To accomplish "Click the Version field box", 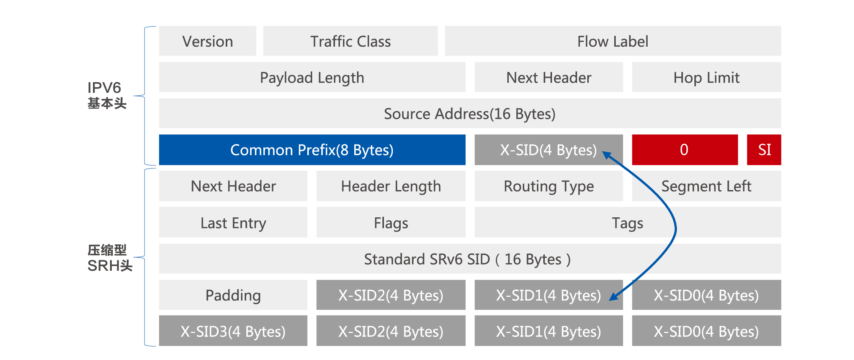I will pos(208,41).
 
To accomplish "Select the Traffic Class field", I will pos(350,41).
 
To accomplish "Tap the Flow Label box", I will pos(612,41).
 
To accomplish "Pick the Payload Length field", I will pos(312,77).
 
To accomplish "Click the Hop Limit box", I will pos(706,77).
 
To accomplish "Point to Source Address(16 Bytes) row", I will pos(470,113).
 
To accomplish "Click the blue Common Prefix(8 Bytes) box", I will pos(312,150).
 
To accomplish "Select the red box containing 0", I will pos(684,150).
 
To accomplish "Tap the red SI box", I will pos(764,150).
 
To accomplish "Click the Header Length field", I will pos(391,186).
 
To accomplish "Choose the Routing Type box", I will pos(548,186).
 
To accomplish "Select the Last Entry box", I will pos(233,223).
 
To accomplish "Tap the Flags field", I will pos(391,223).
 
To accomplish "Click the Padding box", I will pos(233,295).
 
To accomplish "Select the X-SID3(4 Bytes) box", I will pos(233,331).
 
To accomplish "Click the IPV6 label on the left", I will pos(104,88).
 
